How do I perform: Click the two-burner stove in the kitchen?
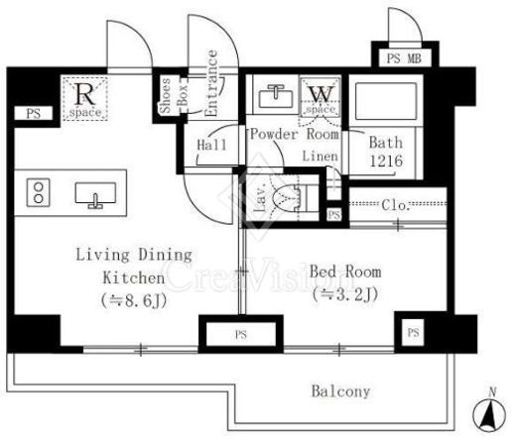tap(39, 193)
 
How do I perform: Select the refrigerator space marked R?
tap(85, 98)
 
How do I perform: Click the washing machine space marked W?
tap(321, 98)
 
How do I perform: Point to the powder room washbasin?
tap(276, 96)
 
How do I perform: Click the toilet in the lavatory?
tap(287, 198)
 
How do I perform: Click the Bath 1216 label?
tap(386, 152)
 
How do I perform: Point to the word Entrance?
tap(211, 83)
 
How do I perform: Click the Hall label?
tap(211, 145)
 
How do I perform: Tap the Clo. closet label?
tap(396, 205)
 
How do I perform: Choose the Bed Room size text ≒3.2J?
tap(344, 294)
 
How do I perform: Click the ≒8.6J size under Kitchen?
tap(134, 300)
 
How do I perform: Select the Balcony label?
tap(340, 391)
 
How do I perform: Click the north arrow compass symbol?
tap(489, 413)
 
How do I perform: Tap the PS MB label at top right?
tap(404, 58)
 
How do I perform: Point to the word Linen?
tap(321, 157)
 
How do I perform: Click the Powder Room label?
tap(295, 135)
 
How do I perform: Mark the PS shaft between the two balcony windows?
tap(241, 334)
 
